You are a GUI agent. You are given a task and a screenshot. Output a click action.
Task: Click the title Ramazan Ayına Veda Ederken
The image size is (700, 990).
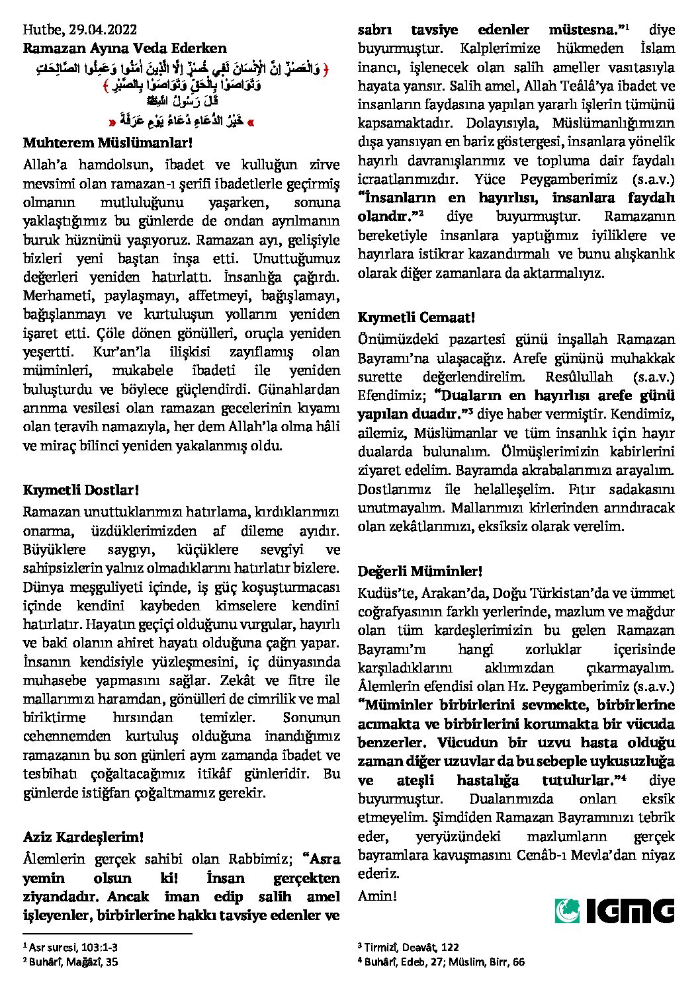point(124,48)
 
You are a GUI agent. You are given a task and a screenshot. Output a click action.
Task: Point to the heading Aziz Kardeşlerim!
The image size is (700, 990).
point(83,837)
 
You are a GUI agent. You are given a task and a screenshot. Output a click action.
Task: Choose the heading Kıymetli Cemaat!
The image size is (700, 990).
point(416,317)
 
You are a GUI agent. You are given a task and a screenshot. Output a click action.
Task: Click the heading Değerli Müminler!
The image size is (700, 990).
point(420,570)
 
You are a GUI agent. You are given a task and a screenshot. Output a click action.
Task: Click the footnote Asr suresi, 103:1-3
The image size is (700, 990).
point(73,947)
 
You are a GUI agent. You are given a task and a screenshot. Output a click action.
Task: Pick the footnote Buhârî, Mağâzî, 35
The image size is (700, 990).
point(73,962)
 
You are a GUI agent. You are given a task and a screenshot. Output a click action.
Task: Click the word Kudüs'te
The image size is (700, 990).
point(383,593)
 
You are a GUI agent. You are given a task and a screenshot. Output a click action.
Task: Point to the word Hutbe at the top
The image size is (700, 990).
point(40,29)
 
